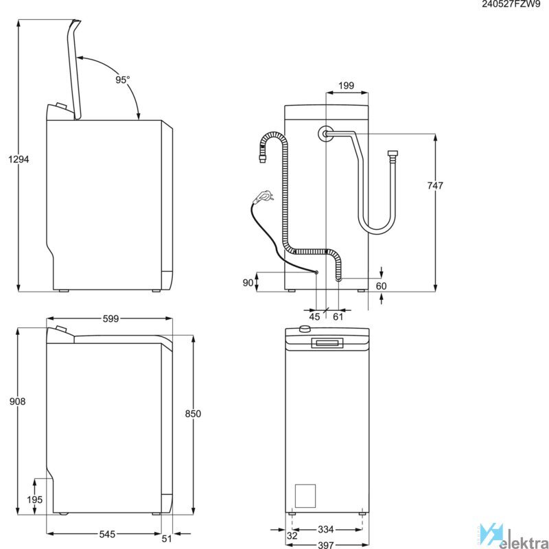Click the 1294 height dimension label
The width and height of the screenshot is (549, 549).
click(19, 159)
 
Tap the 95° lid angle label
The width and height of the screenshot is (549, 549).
click(123, 80)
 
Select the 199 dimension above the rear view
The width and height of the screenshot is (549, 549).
click(347, 85)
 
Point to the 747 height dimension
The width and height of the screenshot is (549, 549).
click(435, 185)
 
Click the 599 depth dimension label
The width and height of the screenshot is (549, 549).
click(110, 318)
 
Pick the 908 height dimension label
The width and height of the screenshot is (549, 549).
click(18, 401)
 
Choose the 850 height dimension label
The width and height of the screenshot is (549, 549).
click(193, 414)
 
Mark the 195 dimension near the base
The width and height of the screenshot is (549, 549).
click(35, 500)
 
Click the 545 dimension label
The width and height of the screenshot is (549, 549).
click(107, 534)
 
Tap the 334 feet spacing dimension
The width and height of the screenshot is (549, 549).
click(325, 529)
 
